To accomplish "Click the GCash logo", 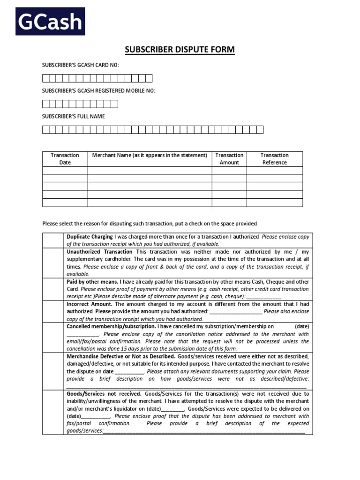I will click(x=51, y=21).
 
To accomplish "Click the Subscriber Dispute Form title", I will click(x=180, y=50).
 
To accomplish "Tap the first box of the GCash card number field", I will click(x=46, y=78).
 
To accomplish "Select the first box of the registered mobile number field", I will click(x=46, y=104).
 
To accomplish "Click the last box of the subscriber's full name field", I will click(x=260, y=130).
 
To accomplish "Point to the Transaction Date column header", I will click(x=65, y=159).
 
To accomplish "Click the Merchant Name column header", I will click(x=150, y=155).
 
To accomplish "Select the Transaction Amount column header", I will click(x=229, y=159).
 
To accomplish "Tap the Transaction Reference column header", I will click(x=275, y=159).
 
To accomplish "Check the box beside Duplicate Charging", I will click(x=53, y=240).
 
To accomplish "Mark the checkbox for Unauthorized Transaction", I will click(x=53, y=262).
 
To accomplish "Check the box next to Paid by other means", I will click(x=53, y=289).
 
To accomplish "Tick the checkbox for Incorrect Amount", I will click(x=53, y=311).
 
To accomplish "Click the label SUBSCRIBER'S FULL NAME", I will click(x=74, y=116).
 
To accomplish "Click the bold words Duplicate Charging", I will click(x=90, y=237).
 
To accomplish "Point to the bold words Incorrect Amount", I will click(x=89, y=304).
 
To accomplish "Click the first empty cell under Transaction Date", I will click(x=65, y=170).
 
